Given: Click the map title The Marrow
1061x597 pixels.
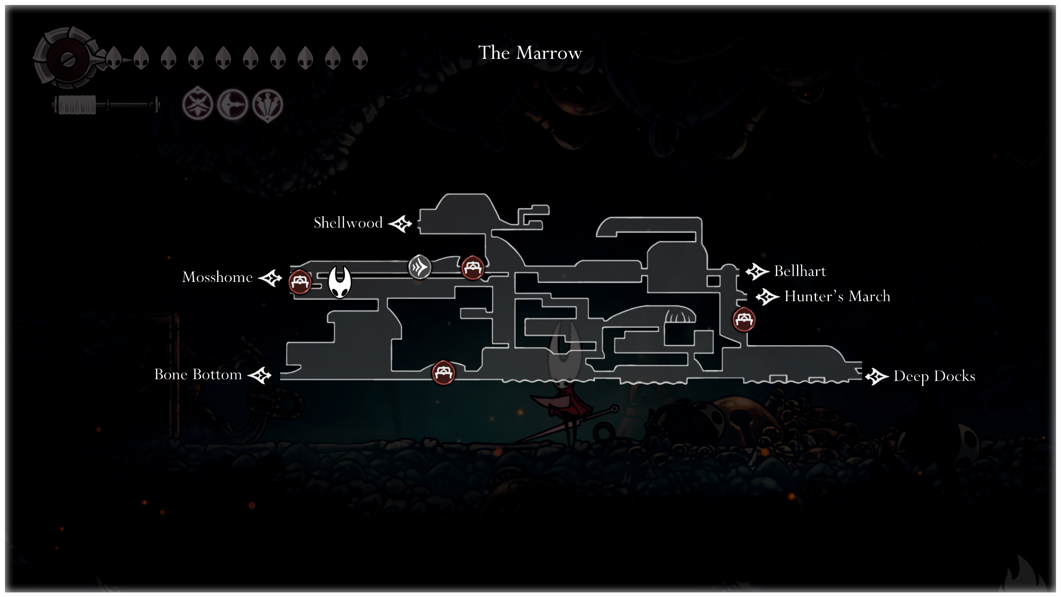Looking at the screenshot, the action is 530,53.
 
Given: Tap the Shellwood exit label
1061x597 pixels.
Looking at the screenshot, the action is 348,223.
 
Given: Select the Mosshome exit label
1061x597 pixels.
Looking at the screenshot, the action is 218,277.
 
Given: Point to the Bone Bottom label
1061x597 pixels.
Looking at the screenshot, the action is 198,374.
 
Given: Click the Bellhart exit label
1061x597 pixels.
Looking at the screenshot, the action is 800,271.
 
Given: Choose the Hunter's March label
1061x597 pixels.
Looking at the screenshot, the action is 837,296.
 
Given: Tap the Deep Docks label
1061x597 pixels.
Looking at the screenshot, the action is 934,376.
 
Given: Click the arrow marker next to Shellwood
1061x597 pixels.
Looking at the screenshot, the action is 400,224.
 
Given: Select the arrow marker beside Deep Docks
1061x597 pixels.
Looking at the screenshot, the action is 877,376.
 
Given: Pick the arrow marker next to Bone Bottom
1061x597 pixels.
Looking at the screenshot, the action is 260,376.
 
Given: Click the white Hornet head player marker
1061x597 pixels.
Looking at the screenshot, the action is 339,282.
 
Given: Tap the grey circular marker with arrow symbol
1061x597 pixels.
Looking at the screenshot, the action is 419,267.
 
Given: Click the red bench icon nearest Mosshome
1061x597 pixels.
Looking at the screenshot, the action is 300,282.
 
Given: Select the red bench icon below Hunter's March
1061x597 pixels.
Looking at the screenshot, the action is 744,319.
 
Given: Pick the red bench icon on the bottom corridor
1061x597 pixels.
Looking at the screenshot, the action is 443,372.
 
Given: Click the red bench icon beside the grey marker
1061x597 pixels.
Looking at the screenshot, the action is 472,267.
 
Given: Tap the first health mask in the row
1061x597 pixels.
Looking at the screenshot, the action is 114,58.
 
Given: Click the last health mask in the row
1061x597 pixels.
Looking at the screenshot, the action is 360,58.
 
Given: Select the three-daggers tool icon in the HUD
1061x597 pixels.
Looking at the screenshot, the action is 267,104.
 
